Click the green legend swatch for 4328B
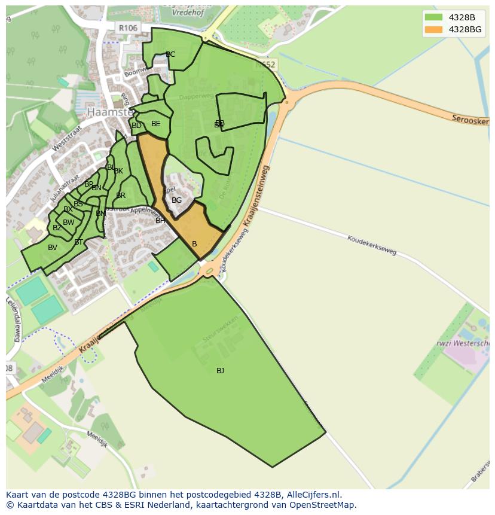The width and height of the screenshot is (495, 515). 433,17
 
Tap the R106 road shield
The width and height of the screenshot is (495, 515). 127,28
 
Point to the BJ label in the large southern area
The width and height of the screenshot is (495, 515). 220,371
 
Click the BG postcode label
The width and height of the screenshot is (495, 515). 176,200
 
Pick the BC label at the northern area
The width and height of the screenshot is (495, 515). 170,54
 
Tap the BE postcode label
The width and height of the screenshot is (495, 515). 155,124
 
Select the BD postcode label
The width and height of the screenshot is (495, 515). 136,126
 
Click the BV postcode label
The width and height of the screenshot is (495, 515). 53,248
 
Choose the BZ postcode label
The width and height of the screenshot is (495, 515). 57,228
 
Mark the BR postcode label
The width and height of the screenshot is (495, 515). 121,196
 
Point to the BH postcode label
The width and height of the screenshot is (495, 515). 160,221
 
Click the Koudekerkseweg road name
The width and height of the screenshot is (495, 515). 371,245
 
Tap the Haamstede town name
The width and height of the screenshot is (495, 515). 108,112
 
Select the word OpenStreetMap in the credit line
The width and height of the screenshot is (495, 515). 325,505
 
